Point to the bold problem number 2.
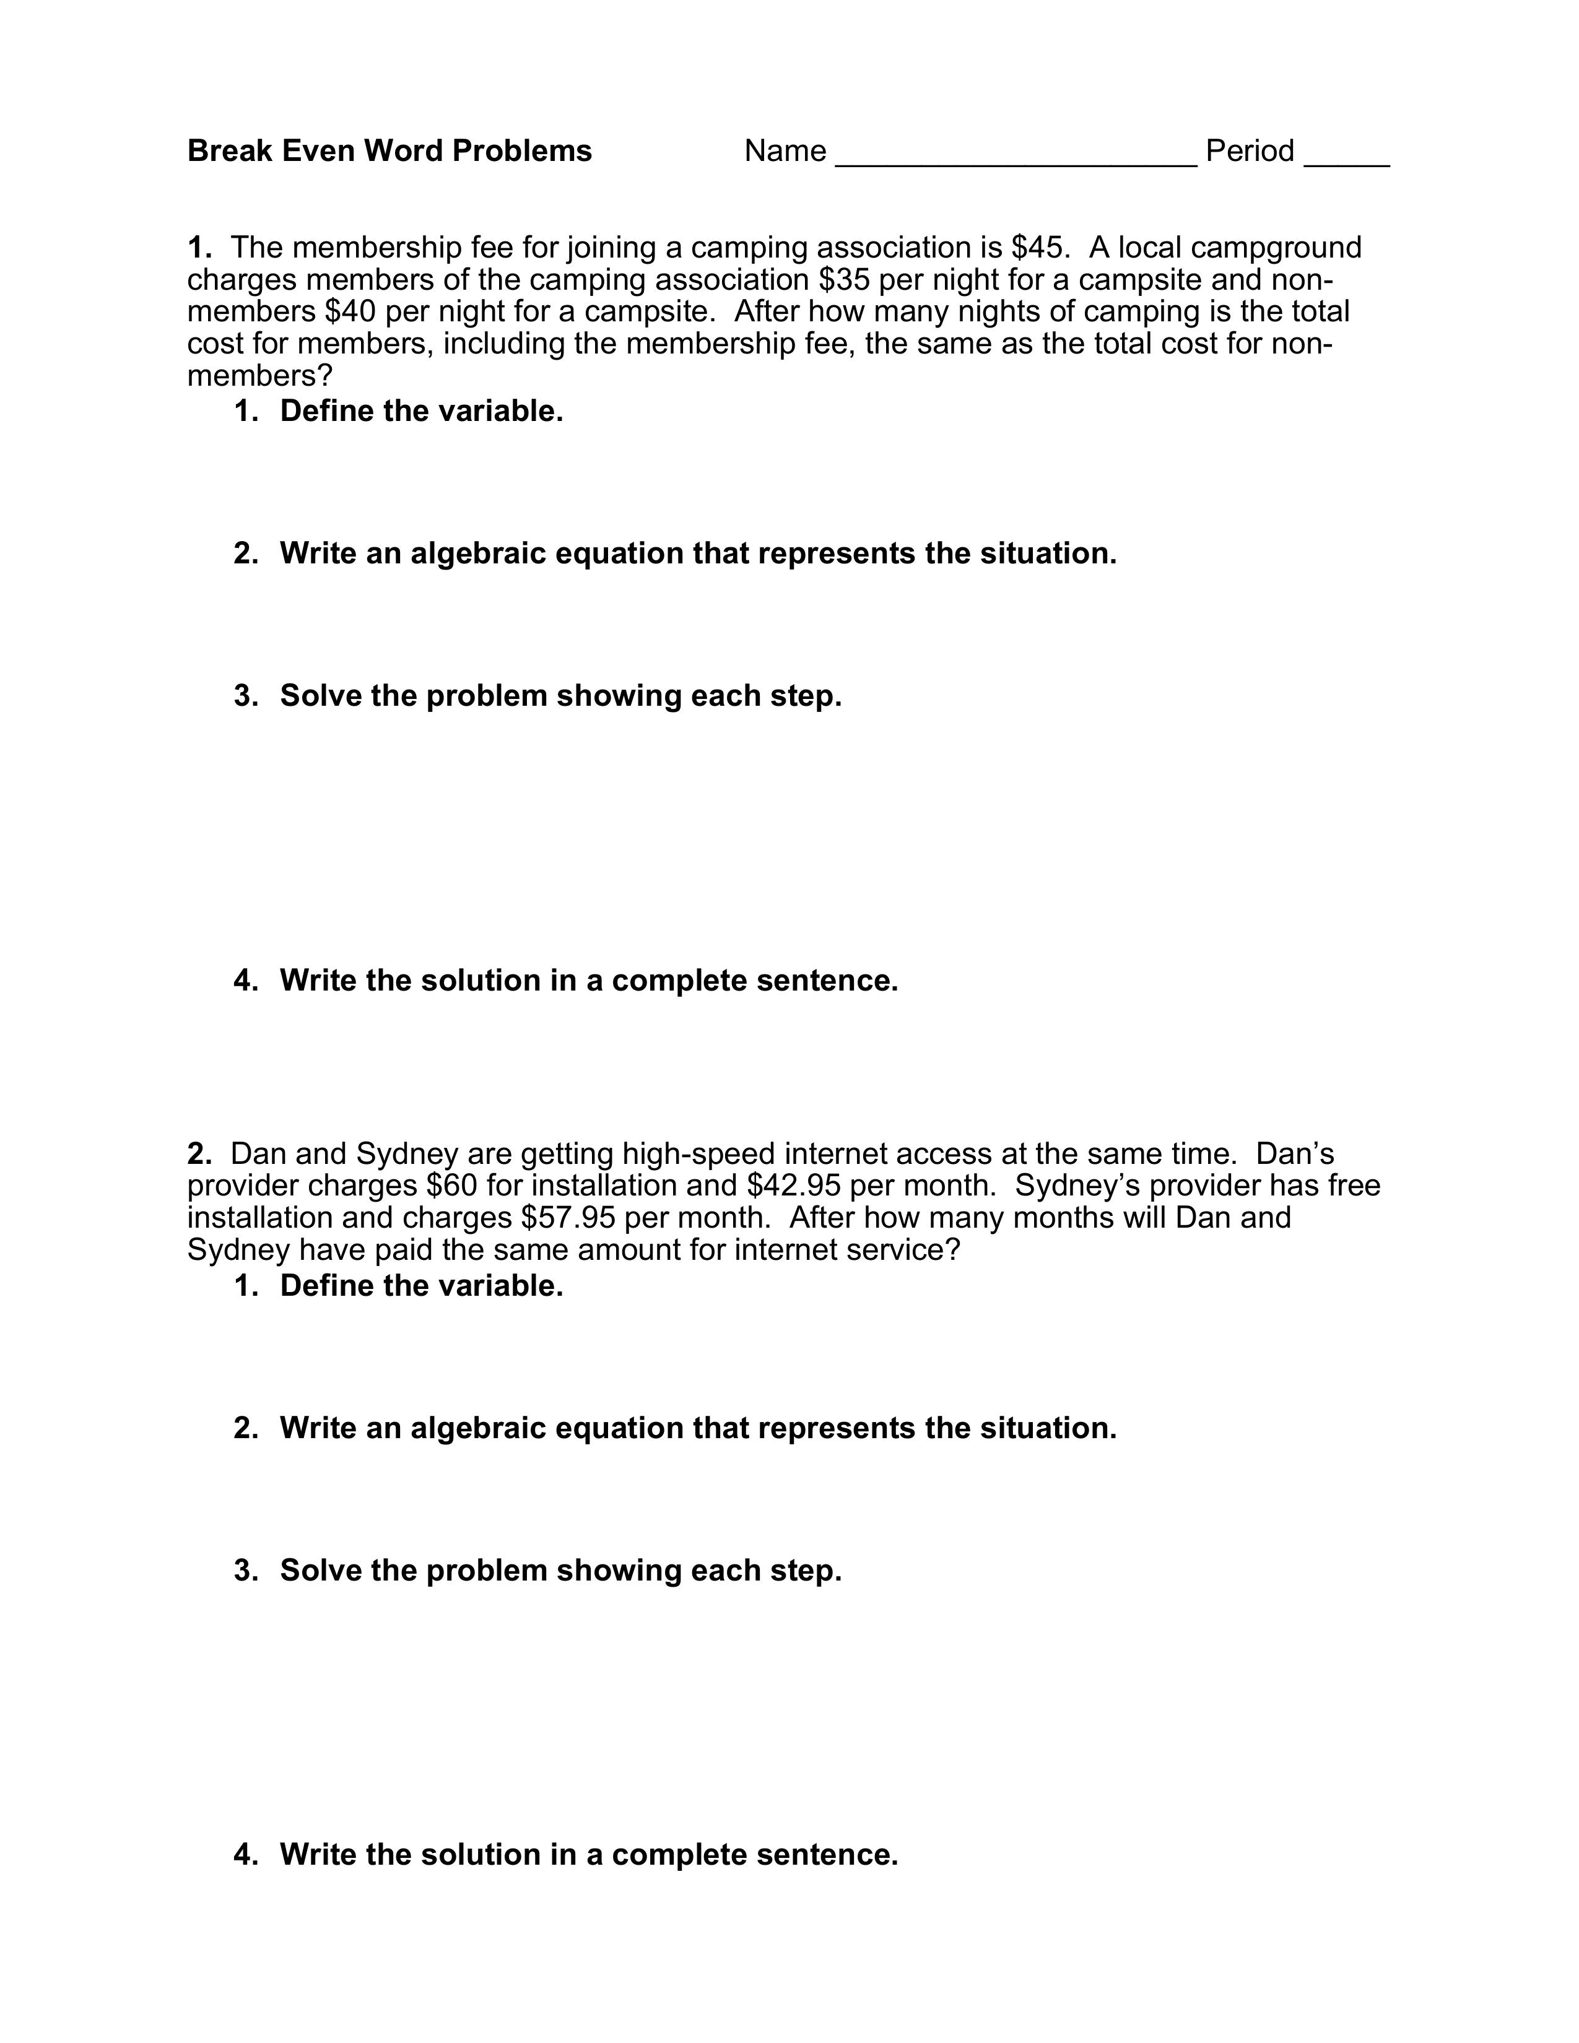point(198,1153)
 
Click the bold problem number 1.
point(198,248)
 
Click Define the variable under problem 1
point(421,410)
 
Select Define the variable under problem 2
point(421,1285)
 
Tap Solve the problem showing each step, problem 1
point(560,696)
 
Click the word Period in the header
point(1250,150)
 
